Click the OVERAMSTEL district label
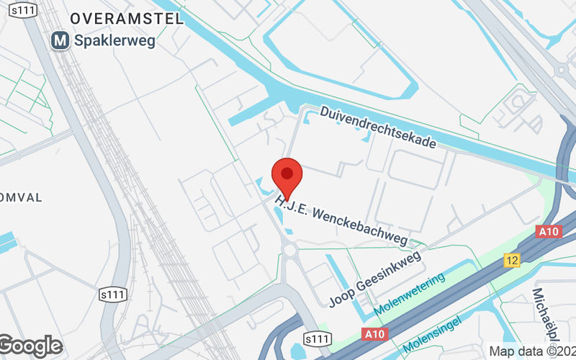click(x=127, y=19)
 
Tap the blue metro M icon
click(x=60, y=41)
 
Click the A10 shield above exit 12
click(x=549, y=231)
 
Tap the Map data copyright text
click(x=531, y=351)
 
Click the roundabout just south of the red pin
click(x=290, y=249)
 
